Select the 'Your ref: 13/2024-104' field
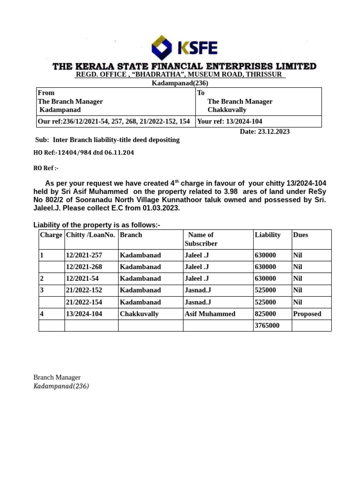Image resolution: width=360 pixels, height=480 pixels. click(230, 121)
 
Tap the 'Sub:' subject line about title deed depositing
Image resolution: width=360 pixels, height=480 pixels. click(107, 140)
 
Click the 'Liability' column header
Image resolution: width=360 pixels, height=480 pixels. click(267, 235)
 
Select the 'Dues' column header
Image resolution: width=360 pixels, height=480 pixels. click(300, 235)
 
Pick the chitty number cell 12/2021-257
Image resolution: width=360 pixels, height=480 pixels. click(84, 255)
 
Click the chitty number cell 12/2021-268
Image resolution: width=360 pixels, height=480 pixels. click(84, 267)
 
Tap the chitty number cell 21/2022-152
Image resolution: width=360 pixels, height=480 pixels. click(84, 290)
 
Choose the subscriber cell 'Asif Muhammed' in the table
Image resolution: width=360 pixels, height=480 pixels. click(210, 314)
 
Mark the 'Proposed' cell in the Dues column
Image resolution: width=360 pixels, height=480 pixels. click(307, 314)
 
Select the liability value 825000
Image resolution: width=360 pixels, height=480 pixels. click(265, 314)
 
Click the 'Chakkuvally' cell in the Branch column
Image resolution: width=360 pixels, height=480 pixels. click(139, 314)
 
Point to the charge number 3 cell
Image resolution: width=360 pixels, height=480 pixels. click(42, 290)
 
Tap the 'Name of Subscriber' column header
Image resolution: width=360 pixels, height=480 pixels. click(201, 239)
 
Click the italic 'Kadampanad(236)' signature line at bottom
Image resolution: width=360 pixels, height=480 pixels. click(61, 386)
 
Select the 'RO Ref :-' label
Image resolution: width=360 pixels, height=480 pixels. click(46, 168)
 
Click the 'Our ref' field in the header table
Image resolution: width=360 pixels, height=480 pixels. click(113, 121)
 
